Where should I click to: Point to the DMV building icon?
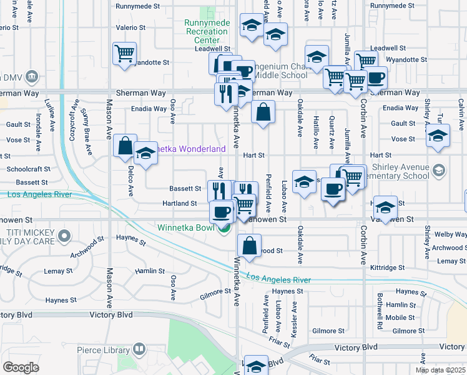click(x=32, y=77)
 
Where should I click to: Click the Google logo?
click(x=21, y=367)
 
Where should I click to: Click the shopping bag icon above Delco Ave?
click(x=125, y=146)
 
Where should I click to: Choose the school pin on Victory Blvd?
click(x=256, y=366)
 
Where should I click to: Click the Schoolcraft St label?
click(x=27, y=169)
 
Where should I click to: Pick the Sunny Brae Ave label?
click(x=87, y=129)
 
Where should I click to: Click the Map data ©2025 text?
click(x=441, y=370)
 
